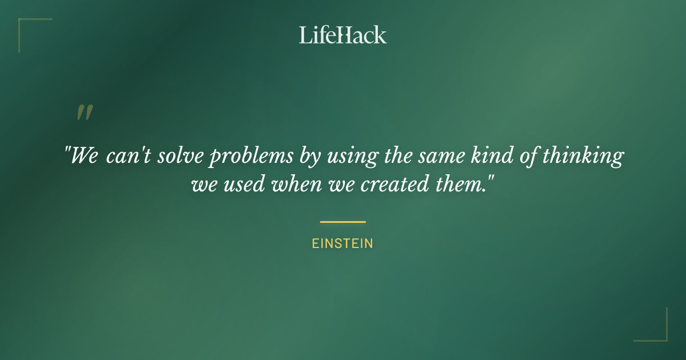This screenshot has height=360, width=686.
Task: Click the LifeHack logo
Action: pos(342,35)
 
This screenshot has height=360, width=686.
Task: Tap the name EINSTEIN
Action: pos(342,243)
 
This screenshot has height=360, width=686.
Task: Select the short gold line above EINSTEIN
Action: pos(342,222)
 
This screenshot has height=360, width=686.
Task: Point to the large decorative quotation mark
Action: pos(85,113)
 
